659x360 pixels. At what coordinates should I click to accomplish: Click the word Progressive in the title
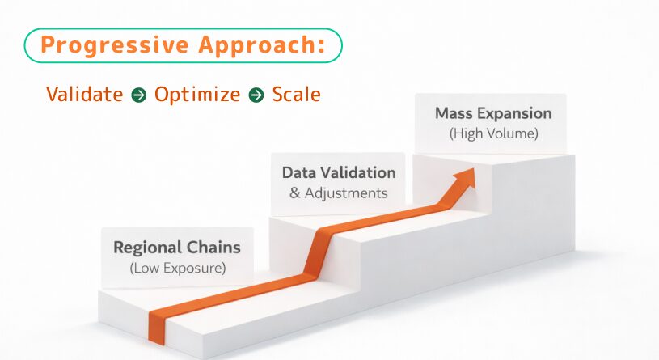(115, 45)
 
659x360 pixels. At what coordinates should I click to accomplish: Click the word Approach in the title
(257, 45)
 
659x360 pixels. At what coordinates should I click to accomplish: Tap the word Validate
(84, 94)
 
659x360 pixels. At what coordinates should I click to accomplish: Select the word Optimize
(197, 95)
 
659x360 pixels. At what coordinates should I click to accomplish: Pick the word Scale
(296, 94)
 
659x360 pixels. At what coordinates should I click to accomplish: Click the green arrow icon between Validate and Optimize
(139, 95)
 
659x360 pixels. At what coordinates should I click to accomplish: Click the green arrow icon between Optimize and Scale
(256, 95)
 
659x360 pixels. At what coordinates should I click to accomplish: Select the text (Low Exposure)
(177, 269)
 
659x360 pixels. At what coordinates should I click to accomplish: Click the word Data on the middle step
(298, 173)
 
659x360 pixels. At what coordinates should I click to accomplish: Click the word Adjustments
(346, 193)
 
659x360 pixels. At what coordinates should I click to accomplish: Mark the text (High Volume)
(493, 133)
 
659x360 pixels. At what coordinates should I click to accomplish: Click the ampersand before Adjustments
(295, 193)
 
